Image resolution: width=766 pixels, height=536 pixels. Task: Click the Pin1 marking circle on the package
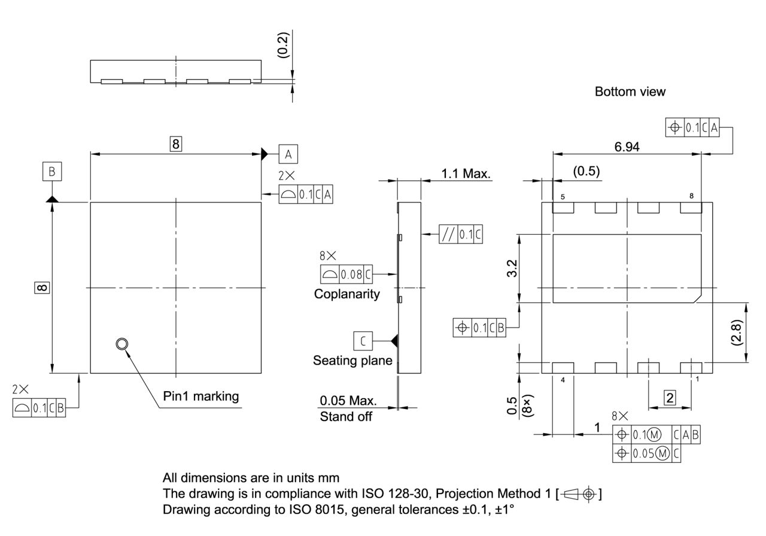pyautogui.click(x=122, y=344)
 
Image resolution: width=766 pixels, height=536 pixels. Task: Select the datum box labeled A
pyautogui.click(x=288, y=155)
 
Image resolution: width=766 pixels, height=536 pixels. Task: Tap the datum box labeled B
pyautogui.click(x=52, y=172)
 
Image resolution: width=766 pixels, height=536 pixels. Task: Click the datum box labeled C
pyautogui.click(x=363, y=341)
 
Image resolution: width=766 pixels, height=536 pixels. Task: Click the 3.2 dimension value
pyautogui.click(x=512, y=268)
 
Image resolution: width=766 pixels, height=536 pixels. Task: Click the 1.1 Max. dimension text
pyautogui.click(x=466, y=174)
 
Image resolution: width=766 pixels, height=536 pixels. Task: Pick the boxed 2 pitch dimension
pyautogui.click(x=670, y=396)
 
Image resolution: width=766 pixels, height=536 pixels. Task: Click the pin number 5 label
pyautogui.click(x=563, y=196)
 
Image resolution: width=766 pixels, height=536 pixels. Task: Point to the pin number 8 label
pyautogui.click(x=691, y=196)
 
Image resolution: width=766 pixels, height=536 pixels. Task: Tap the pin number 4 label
pyautogui.click(x=563, y=379)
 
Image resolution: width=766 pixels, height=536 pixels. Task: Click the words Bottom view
pyautogui.click(x=630, y=92)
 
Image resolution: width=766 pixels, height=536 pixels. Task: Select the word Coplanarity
pyautogui.click(x=346, y=294)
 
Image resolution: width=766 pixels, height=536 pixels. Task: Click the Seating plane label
pyautogui.click(x=352, y=361)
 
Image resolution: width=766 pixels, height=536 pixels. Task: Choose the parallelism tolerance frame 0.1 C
pyautogui.click(x=460, y=234)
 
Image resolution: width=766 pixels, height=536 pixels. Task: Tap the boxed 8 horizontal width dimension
pyautogui.click(x=175, y=144)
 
